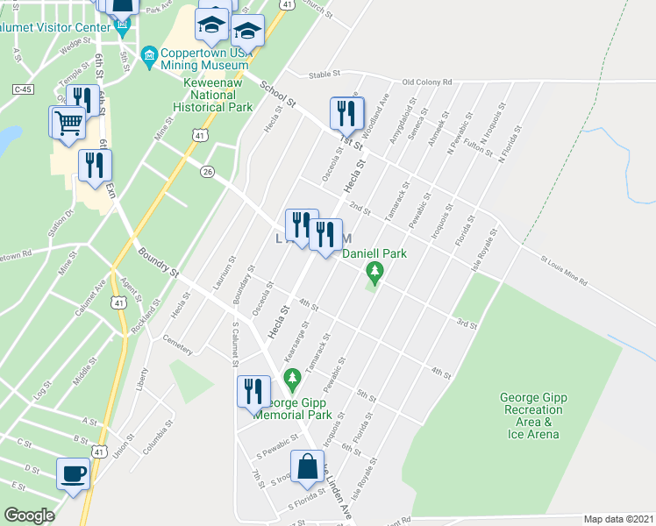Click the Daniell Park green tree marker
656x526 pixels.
(x=375, y=273)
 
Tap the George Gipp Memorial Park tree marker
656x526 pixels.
(x=293, y=380)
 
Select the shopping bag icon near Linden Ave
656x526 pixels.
(x=307, y=469)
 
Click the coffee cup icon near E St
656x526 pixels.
(x=74, y=474)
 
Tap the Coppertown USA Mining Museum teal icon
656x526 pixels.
(x=148, y=58)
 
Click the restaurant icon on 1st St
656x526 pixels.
(x=346, y=113)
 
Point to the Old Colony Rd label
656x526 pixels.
(x=426, y=82)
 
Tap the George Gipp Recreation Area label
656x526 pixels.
(x=531, y=415)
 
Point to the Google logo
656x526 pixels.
(x=30, y=515)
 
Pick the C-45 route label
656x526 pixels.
(x=23, y=89)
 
